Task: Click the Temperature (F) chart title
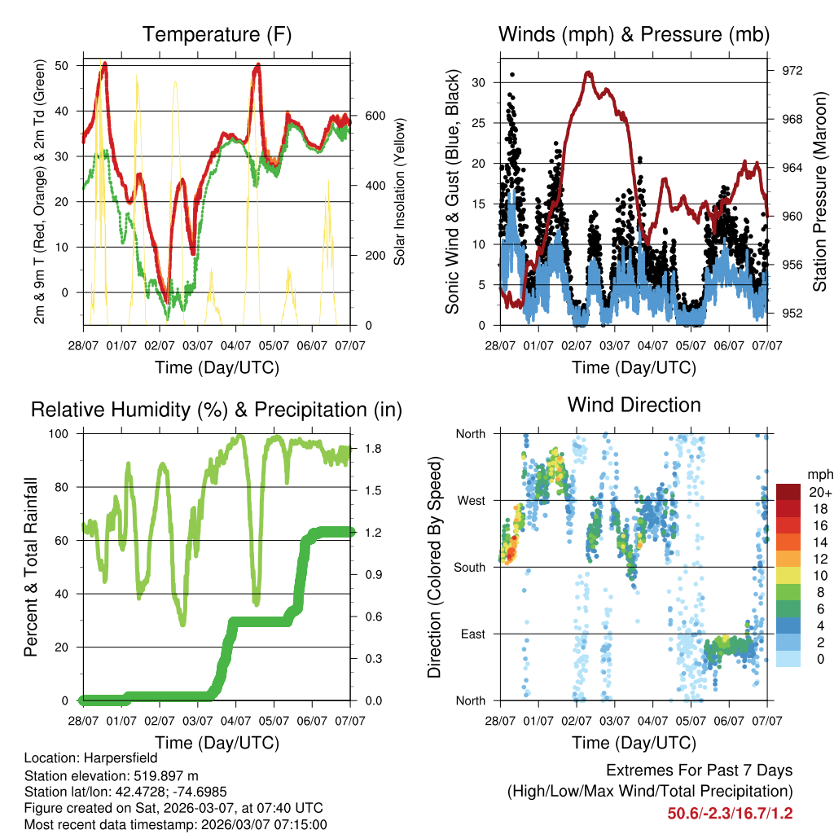217,34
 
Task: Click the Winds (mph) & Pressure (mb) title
634,34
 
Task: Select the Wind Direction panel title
634,405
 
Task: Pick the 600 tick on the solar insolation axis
375,116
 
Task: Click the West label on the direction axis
470,500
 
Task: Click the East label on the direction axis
472,634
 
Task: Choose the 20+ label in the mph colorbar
819,492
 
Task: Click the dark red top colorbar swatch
788,492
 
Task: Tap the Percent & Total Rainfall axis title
31,567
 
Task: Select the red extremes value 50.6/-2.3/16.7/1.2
730,813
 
